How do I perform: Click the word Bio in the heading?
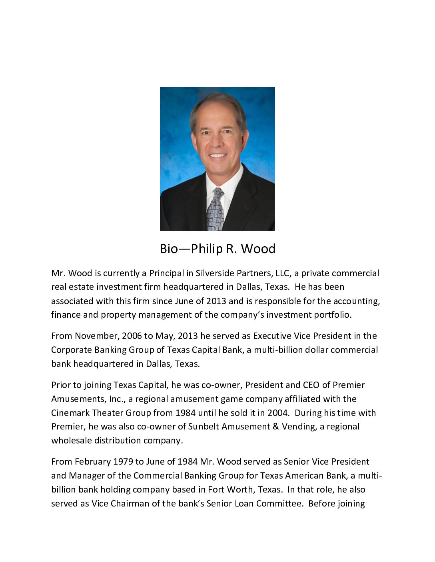click(169, 249)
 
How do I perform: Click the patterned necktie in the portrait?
click(215, 210)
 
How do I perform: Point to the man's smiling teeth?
click(218, 156)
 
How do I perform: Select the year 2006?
click(132, 336)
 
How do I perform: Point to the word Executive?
click(272, 336)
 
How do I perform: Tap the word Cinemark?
click(70, 413)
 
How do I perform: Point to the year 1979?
click(123, 462)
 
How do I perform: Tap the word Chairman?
click(130, 504)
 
